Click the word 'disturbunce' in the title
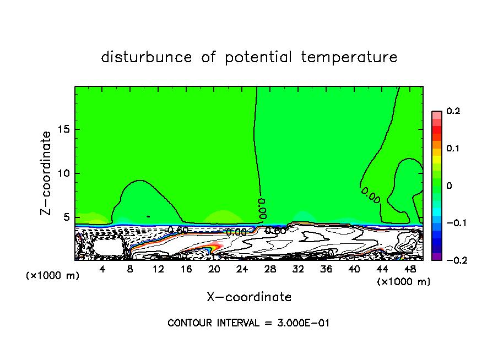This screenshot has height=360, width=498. pos(147,57)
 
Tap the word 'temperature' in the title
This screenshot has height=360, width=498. pos(349,57)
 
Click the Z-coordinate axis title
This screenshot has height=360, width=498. pos(46,173)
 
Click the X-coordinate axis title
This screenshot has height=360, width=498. pos(249,297)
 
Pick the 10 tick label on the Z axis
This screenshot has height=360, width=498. pos(64,173)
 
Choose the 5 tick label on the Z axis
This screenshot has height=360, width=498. pos(67,217)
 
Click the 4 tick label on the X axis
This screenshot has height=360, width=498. pos(102,269)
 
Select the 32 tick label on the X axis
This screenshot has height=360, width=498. pos(299,269)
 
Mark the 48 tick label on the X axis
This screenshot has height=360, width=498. pos(410,269)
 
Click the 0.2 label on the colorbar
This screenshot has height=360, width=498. pos(453,111)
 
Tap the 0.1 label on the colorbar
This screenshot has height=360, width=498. pos(453,149)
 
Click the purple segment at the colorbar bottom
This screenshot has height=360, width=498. pos(437,256)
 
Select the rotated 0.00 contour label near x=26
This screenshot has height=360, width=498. pos(262,205)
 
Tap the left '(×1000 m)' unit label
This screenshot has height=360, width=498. pos(53,276)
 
